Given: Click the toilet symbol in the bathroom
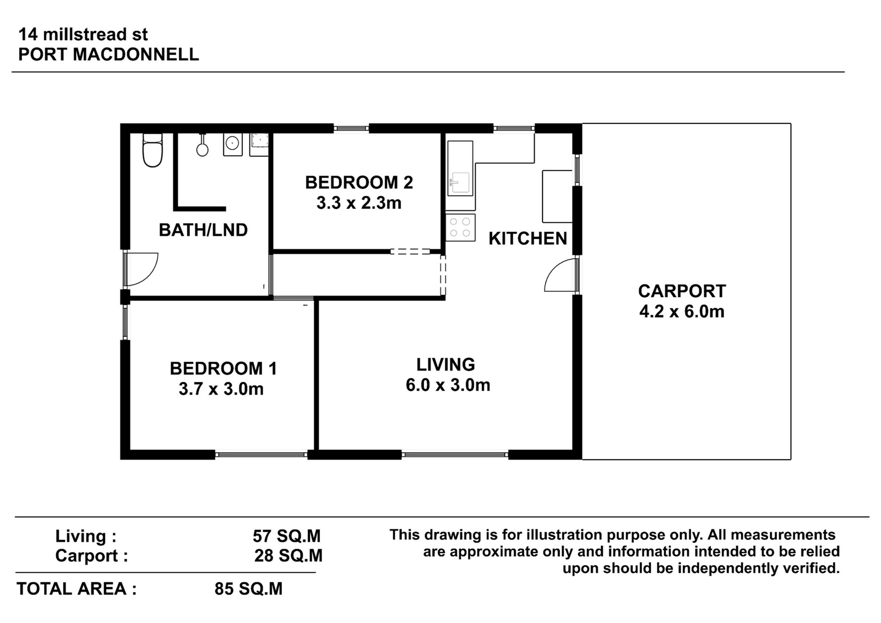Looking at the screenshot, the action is pyautogui.click(x=152, y=150).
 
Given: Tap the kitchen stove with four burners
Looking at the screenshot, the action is pyautogui.click(x=460, y=227).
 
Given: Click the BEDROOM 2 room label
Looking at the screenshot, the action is pyautogui.click(x=359, y=183).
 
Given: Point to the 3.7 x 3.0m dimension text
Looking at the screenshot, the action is pyautogui.click(x=221, y=389).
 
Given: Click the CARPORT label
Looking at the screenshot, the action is pyautogui.click(x=682, y=291).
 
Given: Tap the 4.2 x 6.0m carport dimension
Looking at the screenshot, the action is pyautogui.click(x=682, y=311).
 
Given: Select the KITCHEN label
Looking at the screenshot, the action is pyautogui.click(x=528, y=239).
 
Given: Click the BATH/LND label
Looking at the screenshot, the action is pyautogui.click(x=203, y=231).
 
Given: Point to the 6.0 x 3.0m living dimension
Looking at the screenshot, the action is pyautogui.click(x=448, y=385).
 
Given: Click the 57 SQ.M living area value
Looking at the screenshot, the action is pyautogui.click(x=287, y=536).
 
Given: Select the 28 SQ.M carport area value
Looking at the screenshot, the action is pyautogui.click(x=289, y=556).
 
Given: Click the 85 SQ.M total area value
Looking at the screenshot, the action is pyautogui.click(x=248, y=589).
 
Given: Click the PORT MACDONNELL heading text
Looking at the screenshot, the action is pyautogui.click(x=108, y=54).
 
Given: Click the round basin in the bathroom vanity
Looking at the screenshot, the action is pyautogui.click(x=232, y=143).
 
